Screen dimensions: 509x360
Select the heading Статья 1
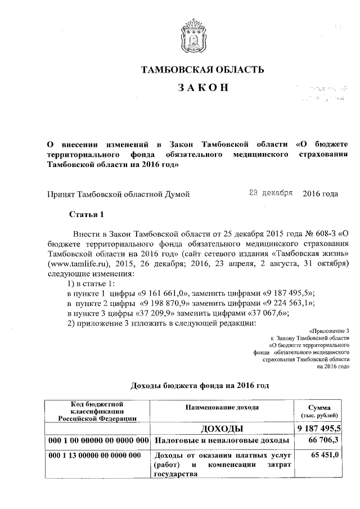pos(87,215)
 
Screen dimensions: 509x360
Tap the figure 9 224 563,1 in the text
pos(286,304)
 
